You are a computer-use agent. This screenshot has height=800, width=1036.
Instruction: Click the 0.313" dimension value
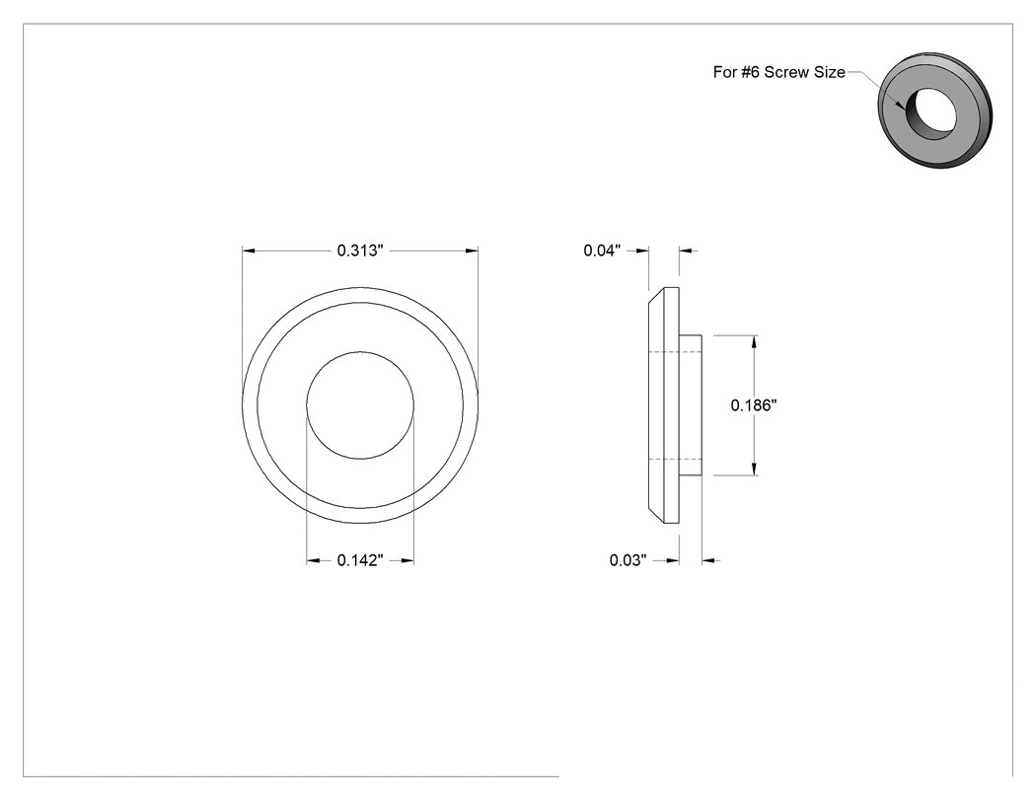tap(360, 251)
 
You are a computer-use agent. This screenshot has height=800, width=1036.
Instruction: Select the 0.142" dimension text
tap(360, 560)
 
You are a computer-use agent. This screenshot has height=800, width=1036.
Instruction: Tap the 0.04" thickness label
tap(602, 251)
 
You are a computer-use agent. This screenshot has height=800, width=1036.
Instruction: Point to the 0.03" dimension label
tap(628, 560)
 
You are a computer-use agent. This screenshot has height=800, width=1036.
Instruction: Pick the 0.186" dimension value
tap(753, 405)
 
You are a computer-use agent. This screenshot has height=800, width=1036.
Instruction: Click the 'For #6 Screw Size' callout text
tap(779, 72)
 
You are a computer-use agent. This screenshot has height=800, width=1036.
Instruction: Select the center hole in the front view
tap(360, 405)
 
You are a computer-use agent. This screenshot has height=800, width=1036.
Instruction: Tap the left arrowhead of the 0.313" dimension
tap(249, 251)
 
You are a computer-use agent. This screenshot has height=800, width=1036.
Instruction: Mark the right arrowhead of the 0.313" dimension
tap(472, 251)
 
